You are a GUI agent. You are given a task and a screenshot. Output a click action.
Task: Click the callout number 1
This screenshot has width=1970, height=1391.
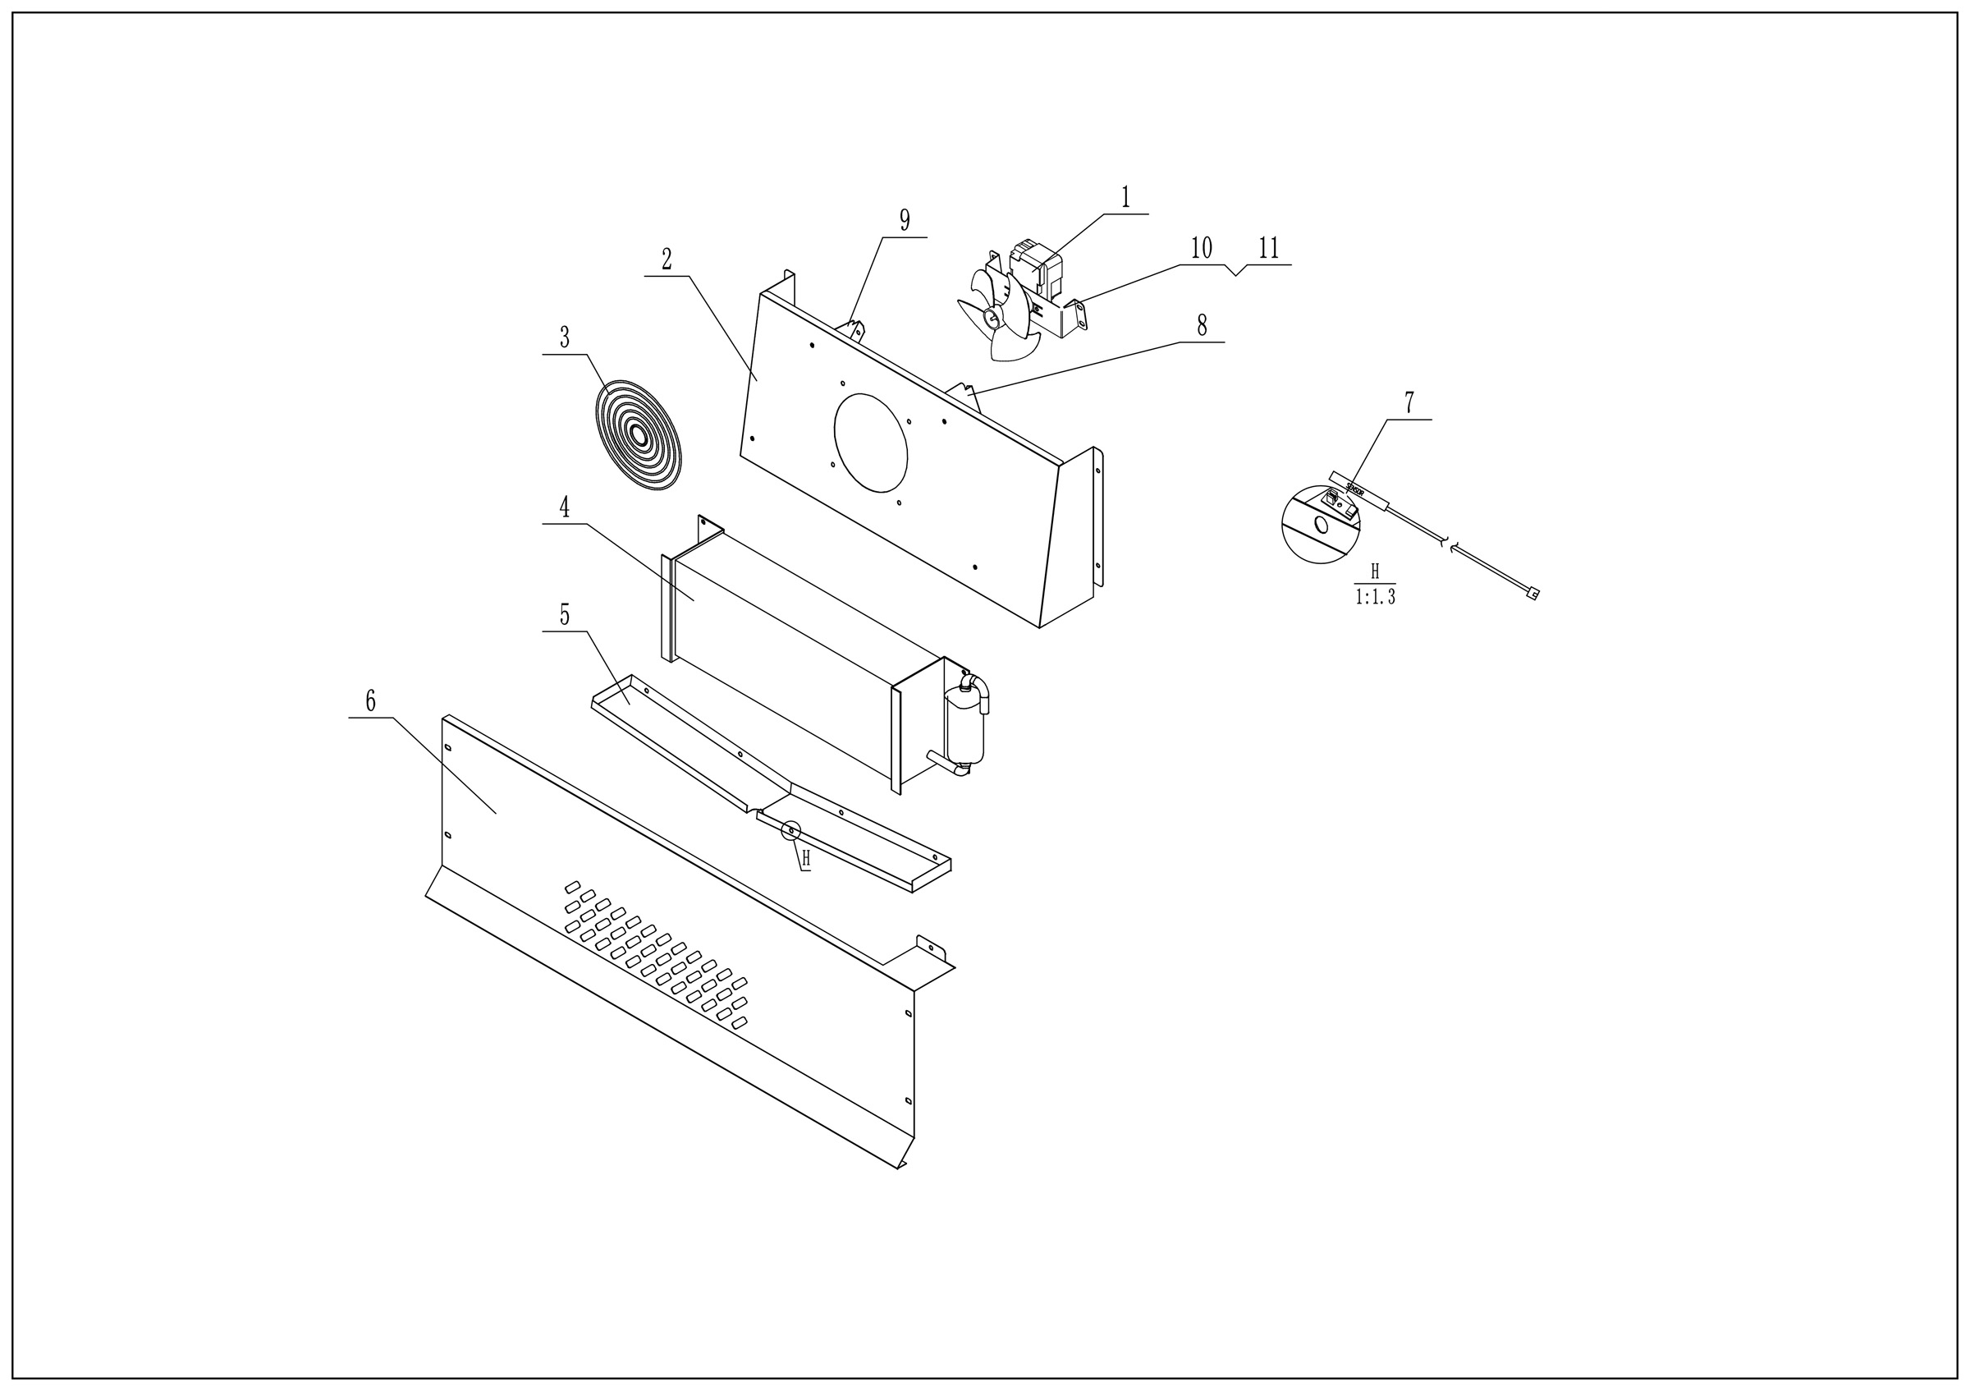pyautogui.click(x=1125, y=198)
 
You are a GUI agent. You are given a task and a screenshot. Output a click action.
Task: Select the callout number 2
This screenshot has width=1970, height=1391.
pyautogui.click(x=667, y=259)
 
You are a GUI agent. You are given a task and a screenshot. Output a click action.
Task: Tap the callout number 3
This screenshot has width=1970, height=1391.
pyautogui.click(x=565, y=338)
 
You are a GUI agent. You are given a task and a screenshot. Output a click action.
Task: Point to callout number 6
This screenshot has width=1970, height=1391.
pyautogui.click(x=370, y=701)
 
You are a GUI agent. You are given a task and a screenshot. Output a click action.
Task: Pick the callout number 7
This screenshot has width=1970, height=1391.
pyautogui.click(x=1409, y=402)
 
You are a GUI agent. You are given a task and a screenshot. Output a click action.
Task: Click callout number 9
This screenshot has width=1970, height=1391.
pyautogui.click(x=905, y=221)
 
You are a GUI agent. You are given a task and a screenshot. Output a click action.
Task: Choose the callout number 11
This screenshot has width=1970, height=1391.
pyautogui.click(x=1269, y=249)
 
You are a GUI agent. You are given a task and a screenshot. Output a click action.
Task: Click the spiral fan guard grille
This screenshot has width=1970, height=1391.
pyautogui.click(x=639, y=436)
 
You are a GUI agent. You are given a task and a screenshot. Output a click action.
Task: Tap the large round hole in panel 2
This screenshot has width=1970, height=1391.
pyautogui.click(x=871, y=443)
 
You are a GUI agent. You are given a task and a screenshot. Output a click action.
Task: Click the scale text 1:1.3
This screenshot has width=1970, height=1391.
pyautogui.click(x=1376, y=597)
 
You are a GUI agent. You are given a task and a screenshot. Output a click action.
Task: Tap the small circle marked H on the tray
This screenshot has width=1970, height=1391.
pyautogui.click(x=791, y=831)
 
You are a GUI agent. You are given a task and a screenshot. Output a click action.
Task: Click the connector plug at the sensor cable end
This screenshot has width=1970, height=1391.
pyautogui.click(x=1532, y=592)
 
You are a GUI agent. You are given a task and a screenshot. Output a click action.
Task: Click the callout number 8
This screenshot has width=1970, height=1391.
pyautogui.click(x=1202, y=325)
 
